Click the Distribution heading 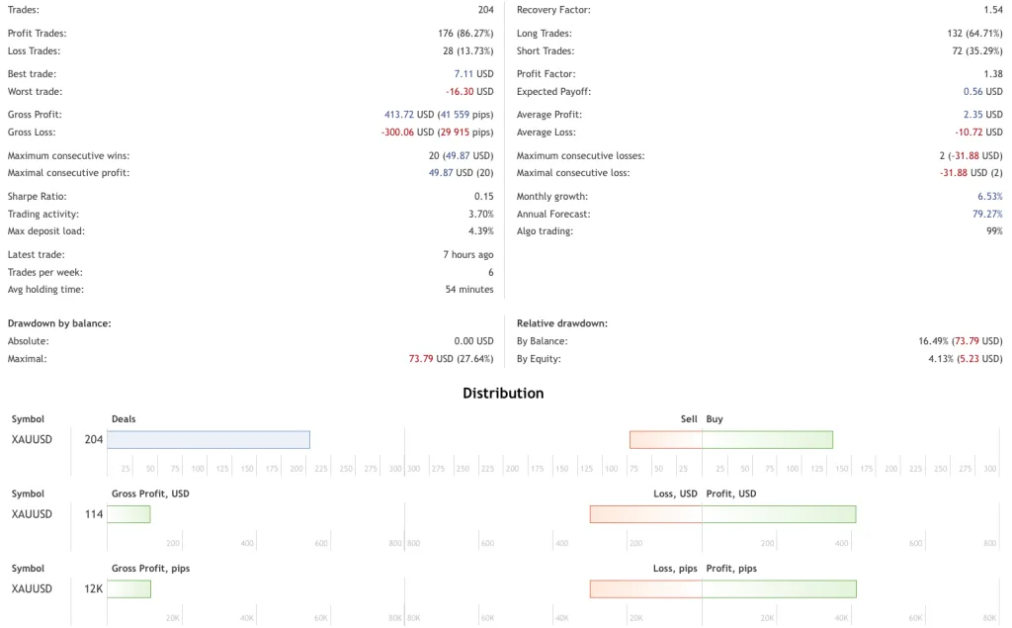pyautogui.click(x=503, y=393)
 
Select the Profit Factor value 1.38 pyautogui.click(x=992, y=74)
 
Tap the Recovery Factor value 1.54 pyautogui.click(x=992, y=10)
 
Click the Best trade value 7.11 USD pyautogui.click(x=473, y=74)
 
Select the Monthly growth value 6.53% pyautogui.click(x=989, y=197)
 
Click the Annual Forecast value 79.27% pyautogui.click(x=987, y=215)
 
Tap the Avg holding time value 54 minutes pyautogui.click(x=469, y=290)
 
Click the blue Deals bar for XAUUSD pyautogui.click(x=209, y=440)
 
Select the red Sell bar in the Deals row pyautogui.click(x=666, y=440)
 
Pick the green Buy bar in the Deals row pyautogui.click(x=768, y=440)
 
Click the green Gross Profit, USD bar pyautogui.click(x=128, y=514)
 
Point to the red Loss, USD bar pyautogui.click(x=646, y=514)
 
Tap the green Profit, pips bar pyautogui.click(x=779, y=589)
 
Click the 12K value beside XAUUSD pyautogui.click(x=93, y=589)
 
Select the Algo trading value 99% pyautogui.click(x=993, y=231)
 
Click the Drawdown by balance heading pyautogui.click(x=59, y=323)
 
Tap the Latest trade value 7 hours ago pyautogui.click(x=467, y=255)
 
